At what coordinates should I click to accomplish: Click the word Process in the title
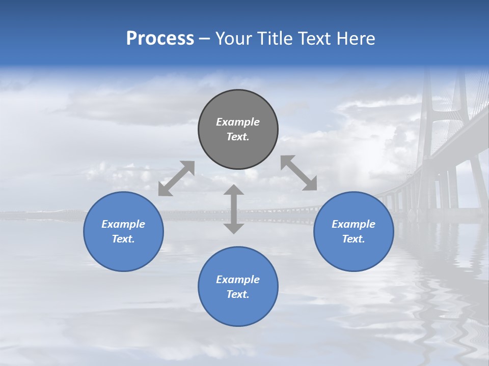coord(160,39)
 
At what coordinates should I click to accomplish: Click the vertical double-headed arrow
coord(234,209)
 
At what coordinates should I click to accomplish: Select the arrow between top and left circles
coord(176,178)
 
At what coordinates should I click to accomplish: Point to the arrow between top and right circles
coord(299,173)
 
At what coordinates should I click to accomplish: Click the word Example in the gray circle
coord(238,122)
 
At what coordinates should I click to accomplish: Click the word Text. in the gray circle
coord(238,137)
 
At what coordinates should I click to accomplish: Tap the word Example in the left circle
coord(123,224)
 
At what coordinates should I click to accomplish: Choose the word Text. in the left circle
coord(123,239)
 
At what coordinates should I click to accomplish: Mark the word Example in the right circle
coord(354,224)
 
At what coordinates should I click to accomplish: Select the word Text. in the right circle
coord(354,239)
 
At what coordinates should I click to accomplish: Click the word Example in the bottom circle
coord(238,280)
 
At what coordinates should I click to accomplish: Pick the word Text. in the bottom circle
coord(238,294)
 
